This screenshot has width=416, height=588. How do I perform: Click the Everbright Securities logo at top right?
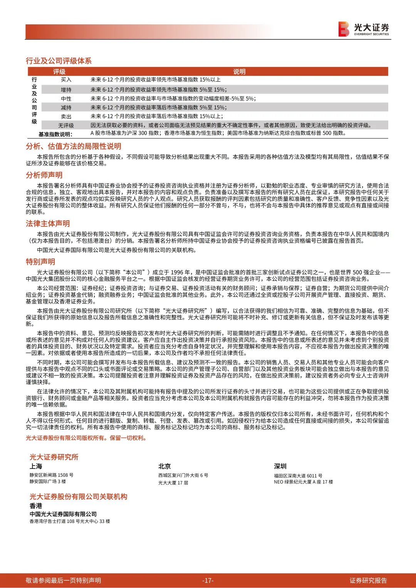click(364, 29)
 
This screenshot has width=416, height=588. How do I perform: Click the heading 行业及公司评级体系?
click(59, 61)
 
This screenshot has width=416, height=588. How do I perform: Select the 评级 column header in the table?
click(59, 72)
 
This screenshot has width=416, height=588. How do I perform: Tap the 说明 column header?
click(239, 72)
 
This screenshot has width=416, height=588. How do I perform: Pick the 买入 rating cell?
click(66, 80)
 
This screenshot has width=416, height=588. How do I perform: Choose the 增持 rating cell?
click(66, 90)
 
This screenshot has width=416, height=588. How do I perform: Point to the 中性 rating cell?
click(66, 99)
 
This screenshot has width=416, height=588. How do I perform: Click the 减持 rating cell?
click(66, 107)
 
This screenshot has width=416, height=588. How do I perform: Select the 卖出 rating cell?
click(66, 116)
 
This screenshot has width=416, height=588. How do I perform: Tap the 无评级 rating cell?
click(66, 126)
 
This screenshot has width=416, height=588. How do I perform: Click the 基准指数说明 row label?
click(55, 134)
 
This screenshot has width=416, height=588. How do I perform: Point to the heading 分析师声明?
click(44, 175)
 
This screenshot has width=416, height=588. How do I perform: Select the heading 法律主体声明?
click(48, 224)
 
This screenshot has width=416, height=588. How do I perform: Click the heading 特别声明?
click(40, 262)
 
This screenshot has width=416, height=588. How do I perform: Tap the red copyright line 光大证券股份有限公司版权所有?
click(86, 438)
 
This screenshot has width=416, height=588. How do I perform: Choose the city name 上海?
click(36, 466)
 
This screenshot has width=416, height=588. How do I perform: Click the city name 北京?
click(164, 466)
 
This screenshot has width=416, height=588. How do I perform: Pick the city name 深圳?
click(280, 466)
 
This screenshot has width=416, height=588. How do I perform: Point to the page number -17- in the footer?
click(208, 580)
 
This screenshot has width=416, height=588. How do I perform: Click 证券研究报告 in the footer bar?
click(368, 580)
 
